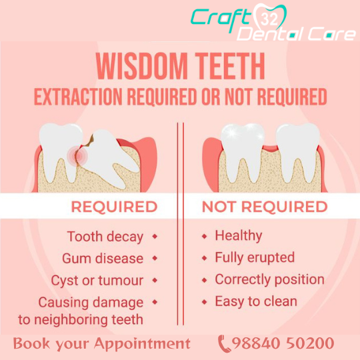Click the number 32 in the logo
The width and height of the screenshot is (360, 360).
[269, 19]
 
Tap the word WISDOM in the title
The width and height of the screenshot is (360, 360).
[142, 66]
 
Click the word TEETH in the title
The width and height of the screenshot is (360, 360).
[230, 66]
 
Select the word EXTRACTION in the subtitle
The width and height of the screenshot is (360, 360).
[78, 97]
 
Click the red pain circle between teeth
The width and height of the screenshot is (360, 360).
[77, 156]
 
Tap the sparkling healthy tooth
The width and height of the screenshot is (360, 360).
[243, 151]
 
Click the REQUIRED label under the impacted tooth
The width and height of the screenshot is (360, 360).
[115, 207]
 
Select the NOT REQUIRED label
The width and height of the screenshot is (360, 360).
[265, 207]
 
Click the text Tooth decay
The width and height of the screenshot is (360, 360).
[105, 237]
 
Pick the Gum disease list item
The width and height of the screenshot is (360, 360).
[103, 258]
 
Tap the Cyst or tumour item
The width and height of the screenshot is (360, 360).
[97, 280]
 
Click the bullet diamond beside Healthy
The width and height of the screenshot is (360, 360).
[205, 236]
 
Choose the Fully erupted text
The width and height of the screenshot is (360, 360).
[255, 257]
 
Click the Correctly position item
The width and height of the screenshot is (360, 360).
[270, 279]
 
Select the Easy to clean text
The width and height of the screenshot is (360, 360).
[256, 301]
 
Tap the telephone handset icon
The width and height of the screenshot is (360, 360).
[224, 344]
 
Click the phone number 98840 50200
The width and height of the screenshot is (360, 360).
[283, 343]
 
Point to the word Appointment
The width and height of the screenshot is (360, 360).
[143, 344]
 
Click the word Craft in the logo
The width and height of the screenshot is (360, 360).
[221, 19]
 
